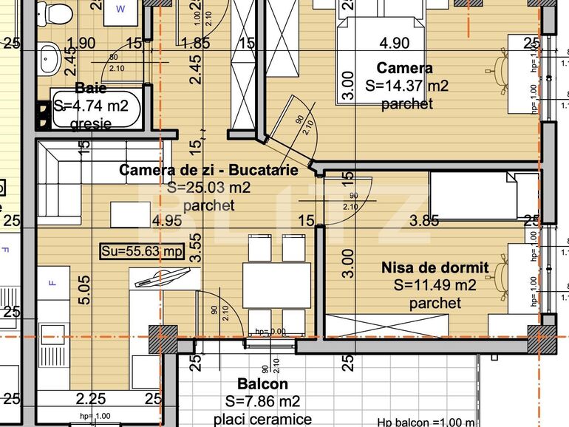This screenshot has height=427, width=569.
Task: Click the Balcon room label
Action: (262, 384)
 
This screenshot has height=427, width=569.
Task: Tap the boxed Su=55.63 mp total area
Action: (142, 252)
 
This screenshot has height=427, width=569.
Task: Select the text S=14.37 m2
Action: (406, 86)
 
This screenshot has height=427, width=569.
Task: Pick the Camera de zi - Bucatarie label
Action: (209, 170)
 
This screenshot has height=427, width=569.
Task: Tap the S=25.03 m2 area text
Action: (209, 188)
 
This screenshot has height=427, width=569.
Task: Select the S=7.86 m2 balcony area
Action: (262, 402)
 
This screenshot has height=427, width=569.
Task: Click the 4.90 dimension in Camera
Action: (394, 42)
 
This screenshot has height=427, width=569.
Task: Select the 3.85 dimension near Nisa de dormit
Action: (424, 219)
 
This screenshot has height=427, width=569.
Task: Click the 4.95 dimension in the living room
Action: (166, 219)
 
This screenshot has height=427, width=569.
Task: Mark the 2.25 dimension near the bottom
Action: (90, 399)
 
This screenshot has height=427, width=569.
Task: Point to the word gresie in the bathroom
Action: (91, 125)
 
